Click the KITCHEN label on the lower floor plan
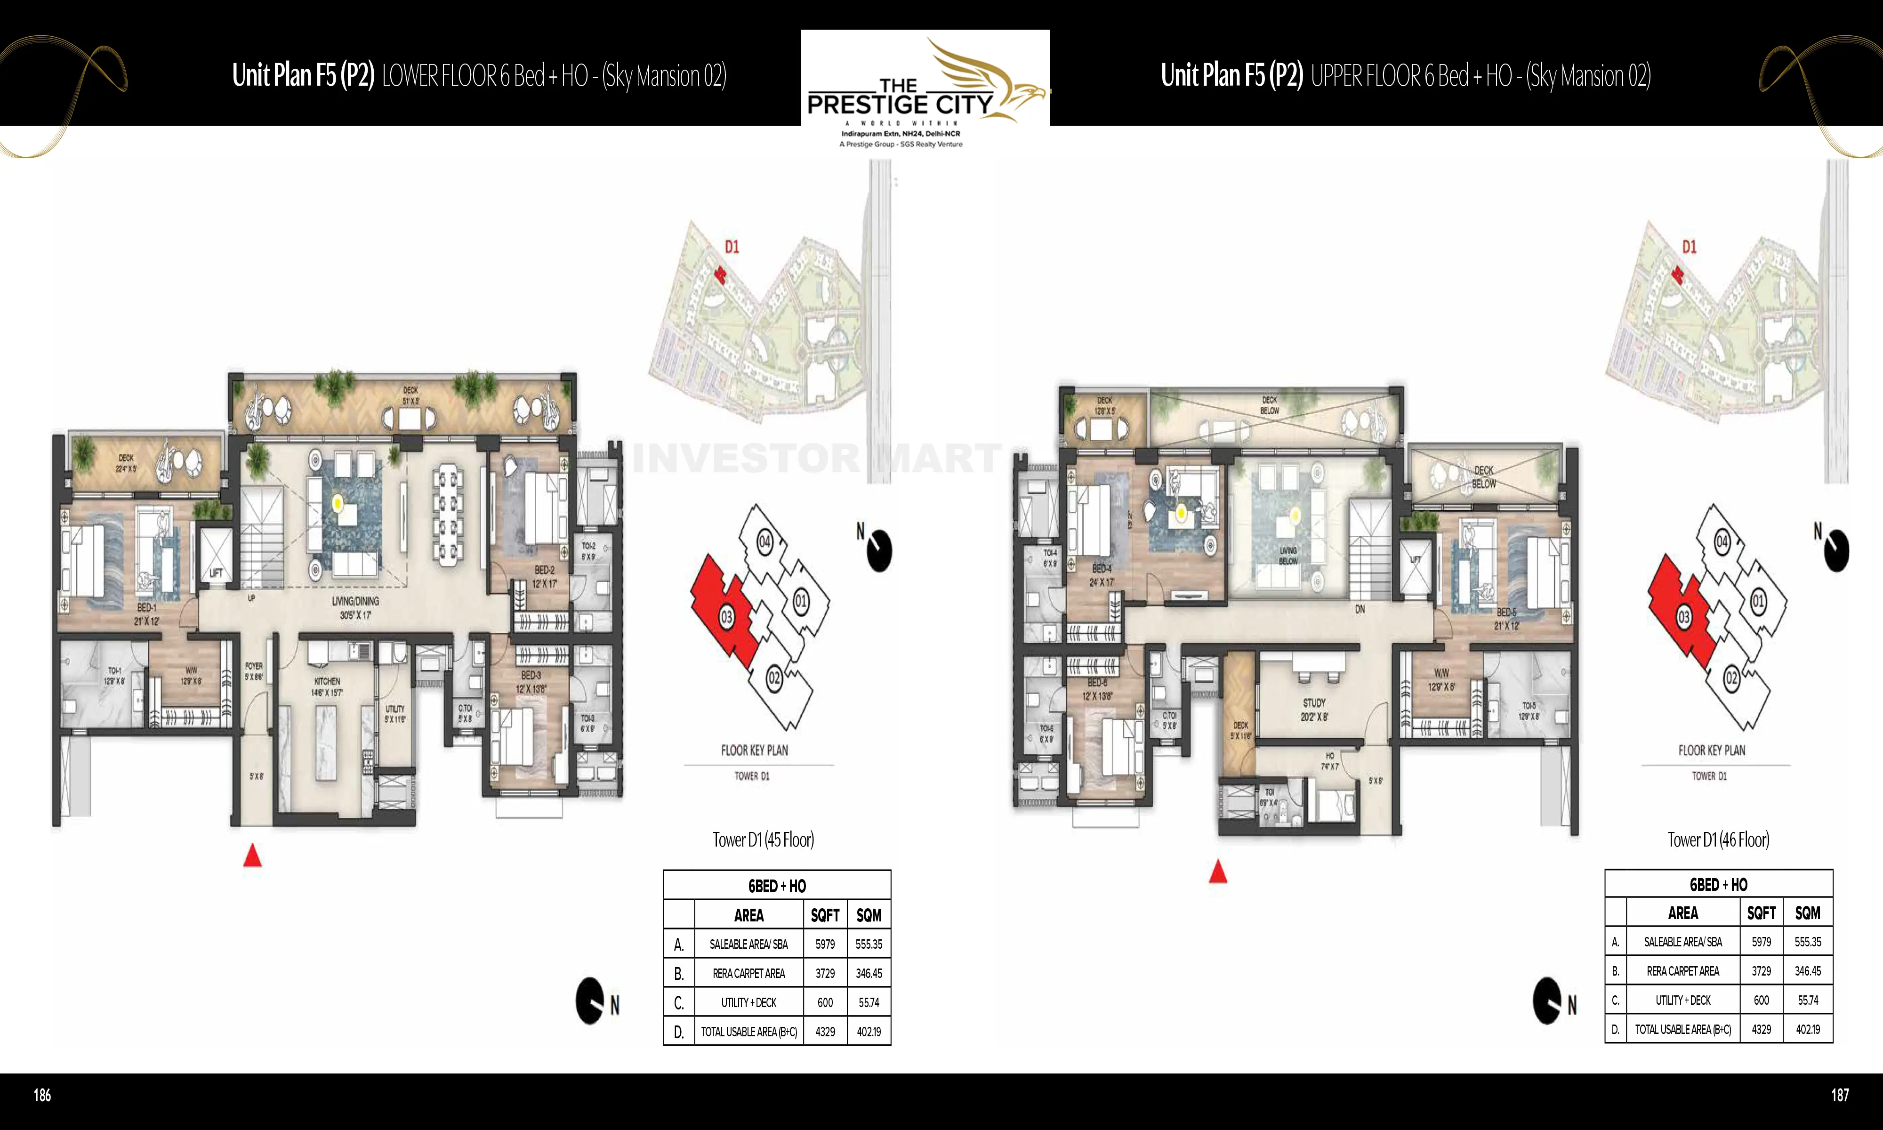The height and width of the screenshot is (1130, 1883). tap(327, 681)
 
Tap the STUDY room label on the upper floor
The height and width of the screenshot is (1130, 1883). tap(1314, 703)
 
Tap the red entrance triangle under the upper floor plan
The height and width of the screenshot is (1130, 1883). tap(1218, 872)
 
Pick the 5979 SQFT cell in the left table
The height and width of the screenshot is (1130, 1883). tap(825, 944)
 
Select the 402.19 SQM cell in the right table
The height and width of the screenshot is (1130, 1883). tap(1808, 1030)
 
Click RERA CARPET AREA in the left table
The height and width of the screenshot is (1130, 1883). tap(748, 973)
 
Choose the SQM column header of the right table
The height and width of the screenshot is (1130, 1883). tap(1808, 913)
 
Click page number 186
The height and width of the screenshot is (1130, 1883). tap(43, 1095)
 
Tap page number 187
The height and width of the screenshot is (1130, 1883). tap(1840, 1095)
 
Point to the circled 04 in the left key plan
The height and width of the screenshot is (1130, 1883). tap(764, 542)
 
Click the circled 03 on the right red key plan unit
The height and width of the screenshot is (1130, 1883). tap(1683, 618)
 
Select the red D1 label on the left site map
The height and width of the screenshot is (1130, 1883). tap(732, 247)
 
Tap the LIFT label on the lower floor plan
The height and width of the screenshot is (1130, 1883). tap(216, 573)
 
